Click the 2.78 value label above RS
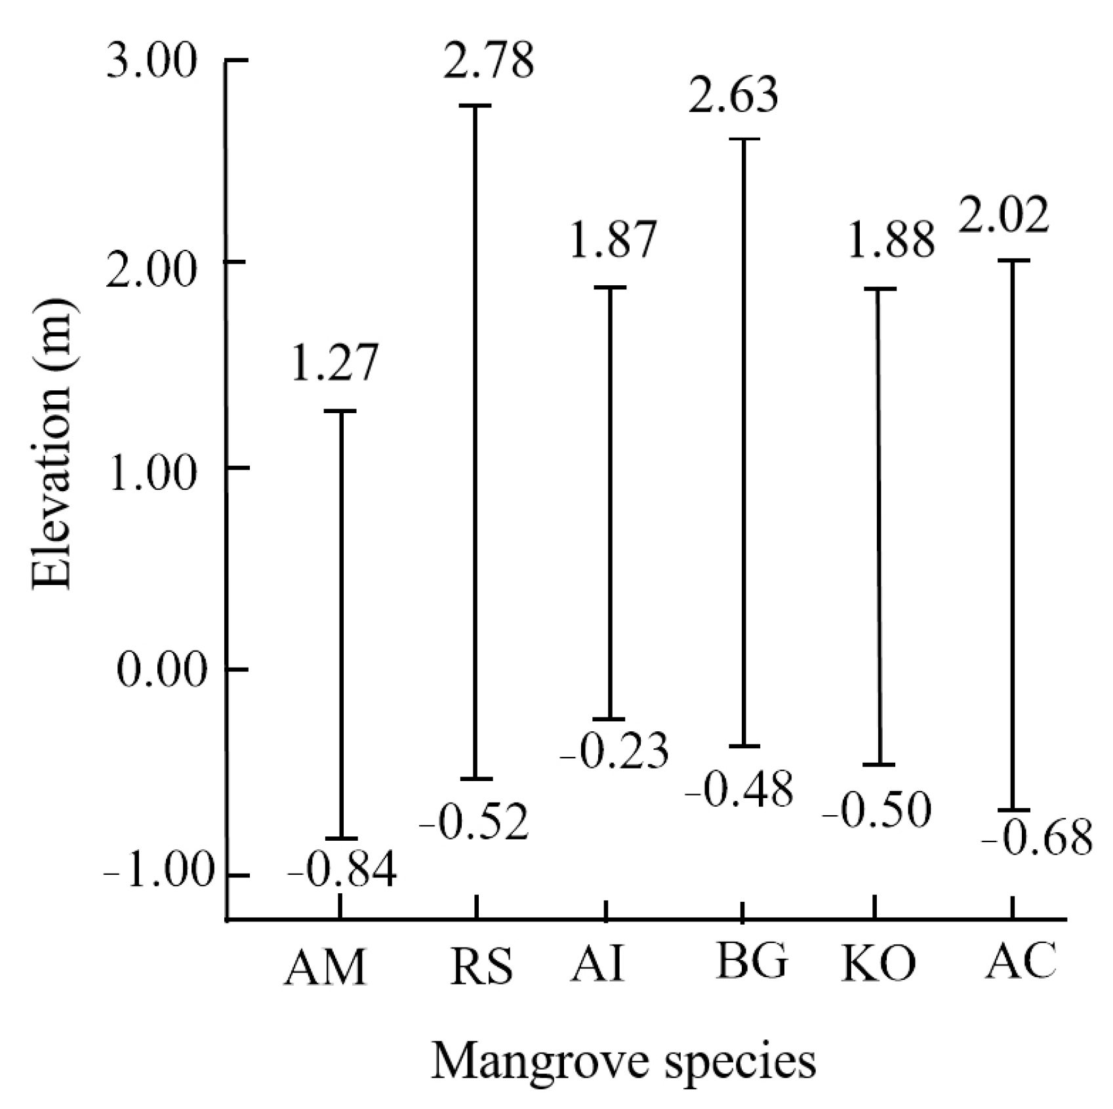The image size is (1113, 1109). click(488, 61)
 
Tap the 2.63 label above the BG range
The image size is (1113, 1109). click(734, 96)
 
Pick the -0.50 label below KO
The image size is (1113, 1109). click(877, 811)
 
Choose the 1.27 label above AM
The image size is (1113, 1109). click(335, 364)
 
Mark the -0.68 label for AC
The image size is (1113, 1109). click(1038, 837)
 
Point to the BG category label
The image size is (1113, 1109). click(752, 961)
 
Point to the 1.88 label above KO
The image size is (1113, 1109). click(891, 240)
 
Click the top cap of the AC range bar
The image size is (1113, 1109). click(1012, 261)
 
